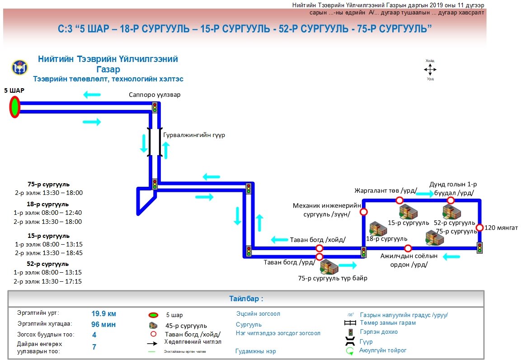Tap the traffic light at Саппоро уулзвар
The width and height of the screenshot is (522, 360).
click(x=155, y=107)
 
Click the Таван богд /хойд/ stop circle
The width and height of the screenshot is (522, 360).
click(x=320, y=248)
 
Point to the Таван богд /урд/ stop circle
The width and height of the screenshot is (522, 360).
click(x=320, y=257)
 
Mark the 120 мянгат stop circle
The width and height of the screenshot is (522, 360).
click(x=480, y=227)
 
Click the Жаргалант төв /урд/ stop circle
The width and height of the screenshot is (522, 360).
click(x=399, y=200)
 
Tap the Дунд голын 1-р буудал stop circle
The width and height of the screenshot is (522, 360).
click(x=451, y=200)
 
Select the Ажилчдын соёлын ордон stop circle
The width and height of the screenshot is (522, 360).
click(x=408, y=248)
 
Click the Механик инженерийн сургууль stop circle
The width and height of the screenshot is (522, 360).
click(x=363, y=212)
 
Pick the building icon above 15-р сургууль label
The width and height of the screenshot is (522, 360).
click(x=408, y=211)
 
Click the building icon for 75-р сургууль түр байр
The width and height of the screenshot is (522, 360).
click(x=329, y=266)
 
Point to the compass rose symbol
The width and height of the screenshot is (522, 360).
click(x=430, y=69)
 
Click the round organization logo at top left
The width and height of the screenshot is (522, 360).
click(x=19, y=68)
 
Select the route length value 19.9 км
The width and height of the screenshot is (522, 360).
click(x=104, y=313)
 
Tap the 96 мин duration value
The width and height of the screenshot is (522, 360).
click(x=104, y=324)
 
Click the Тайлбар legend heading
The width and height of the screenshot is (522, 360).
click(x=246, y=299)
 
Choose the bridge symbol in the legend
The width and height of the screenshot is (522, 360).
click(x=349, y=341)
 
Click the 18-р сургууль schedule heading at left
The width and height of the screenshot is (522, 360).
click(x=48, y=204)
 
